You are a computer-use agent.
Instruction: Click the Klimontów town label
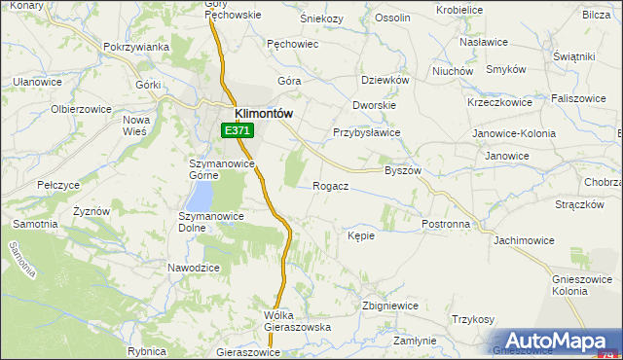(264, 112)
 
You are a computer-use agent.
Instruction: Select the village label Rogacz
(331, 185)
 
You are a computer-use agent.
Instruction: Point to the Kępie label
(361, 234)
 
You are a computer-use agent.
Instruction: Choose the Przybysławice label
(367, 133)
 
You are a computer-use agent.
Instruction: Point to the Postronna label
(446, 224)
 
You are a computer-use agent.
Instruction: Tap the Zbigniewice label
(389, 306)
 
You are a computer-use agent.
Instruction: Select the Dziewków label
(384, 80)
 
